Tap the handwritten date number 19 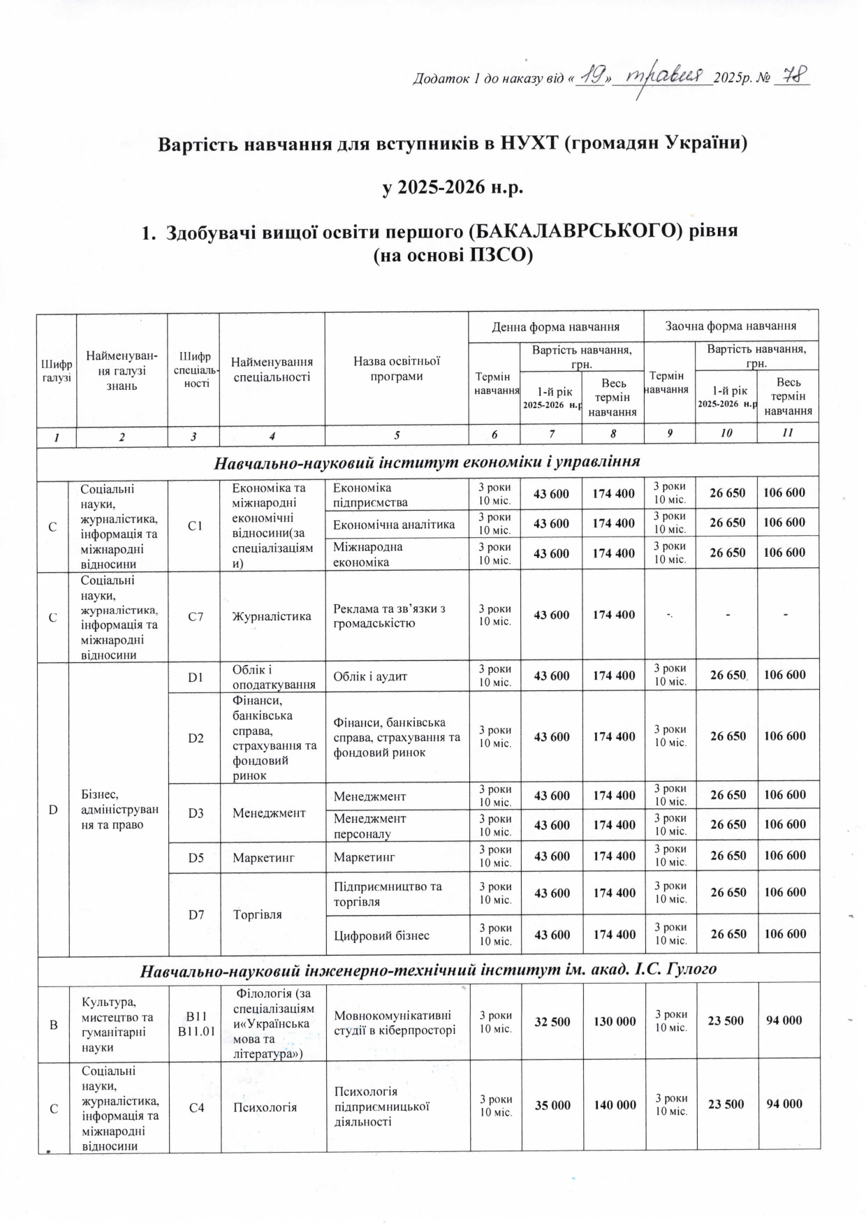pos(594,76)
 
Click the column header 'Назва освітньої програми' pos(397,368)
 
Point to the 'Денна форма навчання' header pos(556,326)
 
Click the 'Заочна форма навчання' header pos(731,326)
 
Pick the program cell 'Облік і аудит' pos(370,676)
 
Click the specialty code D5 pos(196,856)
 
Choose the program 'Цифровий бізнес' pos(381,935)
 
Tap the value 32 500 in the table pos(552,1021)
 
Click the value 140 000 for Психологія pos(615,1104)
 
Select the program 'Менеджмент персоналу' pos(369,825)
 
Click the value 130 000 pos(615,1021)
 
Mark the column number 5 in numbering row pos(397,434)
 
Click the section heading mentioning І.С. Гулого pos(429,970)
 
